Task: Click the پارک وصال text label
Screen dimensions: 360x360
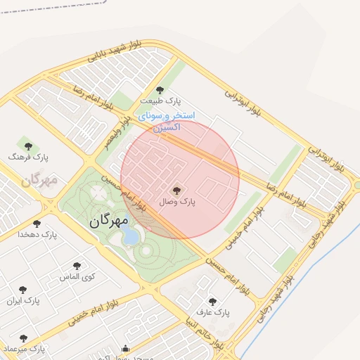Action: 176,202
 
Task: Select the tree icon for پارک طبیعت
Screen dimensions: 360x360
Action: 160,90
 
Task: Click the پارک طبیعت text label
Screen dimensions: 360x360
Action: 160,102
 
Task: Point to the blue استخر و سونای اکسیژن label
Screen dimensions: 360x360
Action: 167,121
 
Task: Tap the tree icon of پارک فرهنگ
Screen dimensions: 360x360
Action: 28,146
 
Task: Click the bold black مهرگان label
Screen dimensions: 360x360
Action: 109,221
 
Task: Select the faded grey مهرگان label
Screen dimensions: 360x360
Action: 38,180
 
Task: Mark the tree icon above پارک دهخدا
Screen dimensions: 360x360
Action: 37,224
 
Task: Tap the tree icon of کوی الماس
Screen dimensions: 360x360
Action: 77,266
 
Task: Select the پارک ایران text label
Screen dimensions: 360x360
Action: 23,301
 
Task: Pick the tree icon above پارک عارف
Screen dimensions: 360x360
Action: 212,302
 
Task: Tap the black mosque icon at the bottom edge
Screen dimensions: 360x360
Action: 126,348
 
